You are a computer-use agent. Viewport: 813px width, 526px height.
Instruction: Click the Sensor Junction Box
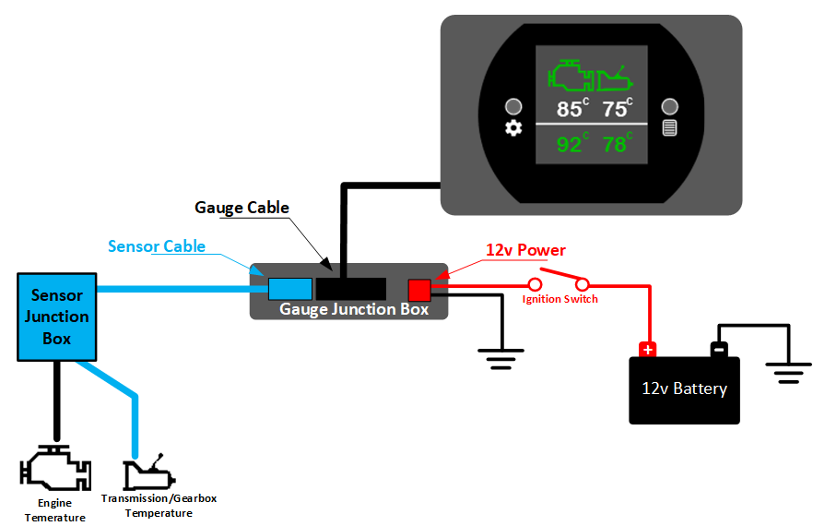[x=57, y=317]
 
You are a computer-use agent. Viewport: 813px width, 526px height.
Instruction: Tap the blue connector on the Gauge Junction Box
[x=289, y=289]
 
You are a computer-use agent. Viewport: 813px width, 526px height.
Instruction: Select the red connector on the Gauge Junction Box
[x=419, y=290]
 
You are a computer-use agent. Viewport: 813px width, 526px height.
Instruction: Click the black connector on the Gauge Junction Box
[x=350, y=289]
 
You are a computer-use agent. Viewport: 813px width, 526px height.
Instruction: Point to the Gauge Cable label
[x=242, y=208]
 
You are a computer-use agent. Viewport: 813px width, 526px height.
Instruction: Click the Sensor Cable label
[x=156, y=246]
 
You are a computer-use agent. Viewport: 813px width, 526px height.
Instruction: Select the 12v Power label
[x=525, y=250]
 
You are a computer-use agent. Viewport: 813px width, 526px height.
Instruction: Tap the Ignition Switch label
[x=560, y=299]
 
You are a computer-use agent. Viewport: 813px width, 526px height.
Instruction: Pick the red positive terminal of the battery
[x=648, y=349]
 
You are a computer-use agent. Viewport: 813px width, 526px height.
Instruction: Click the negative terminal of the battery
[x=719, y=349]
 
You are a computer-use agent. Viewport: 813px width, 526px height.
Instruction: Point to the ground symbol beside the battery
[x=787, y=372]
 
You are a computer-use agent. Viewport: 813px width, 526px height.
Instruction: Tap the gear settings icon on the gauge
[x=513, y=128]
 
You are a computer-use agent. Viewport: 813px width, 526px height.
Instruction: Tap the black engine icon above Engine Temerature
[x=55, y=468]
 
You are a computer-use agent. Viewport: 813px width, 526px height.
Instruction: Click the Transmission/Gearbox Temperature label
[x=159, y=506]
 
